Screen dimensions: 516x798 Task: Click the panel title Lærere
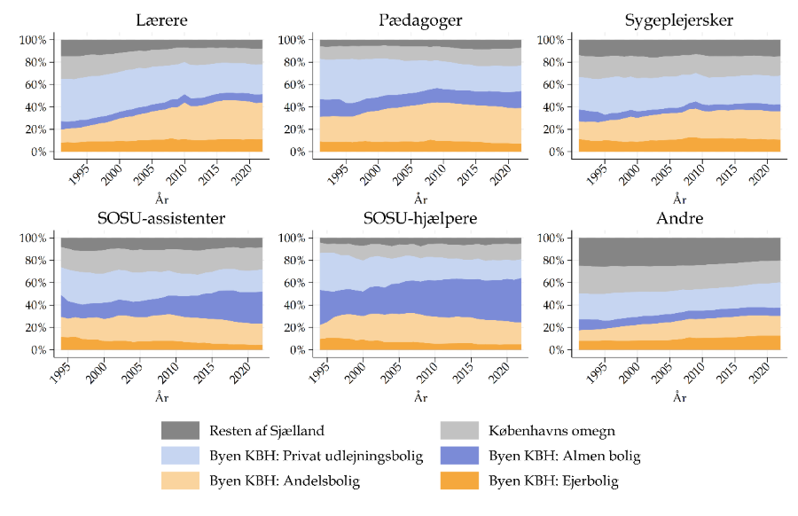pyautogui.click(x=161, y=20)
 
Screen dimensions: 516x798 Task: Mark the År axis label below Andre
pyautogui.click(x=678, y=399)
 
